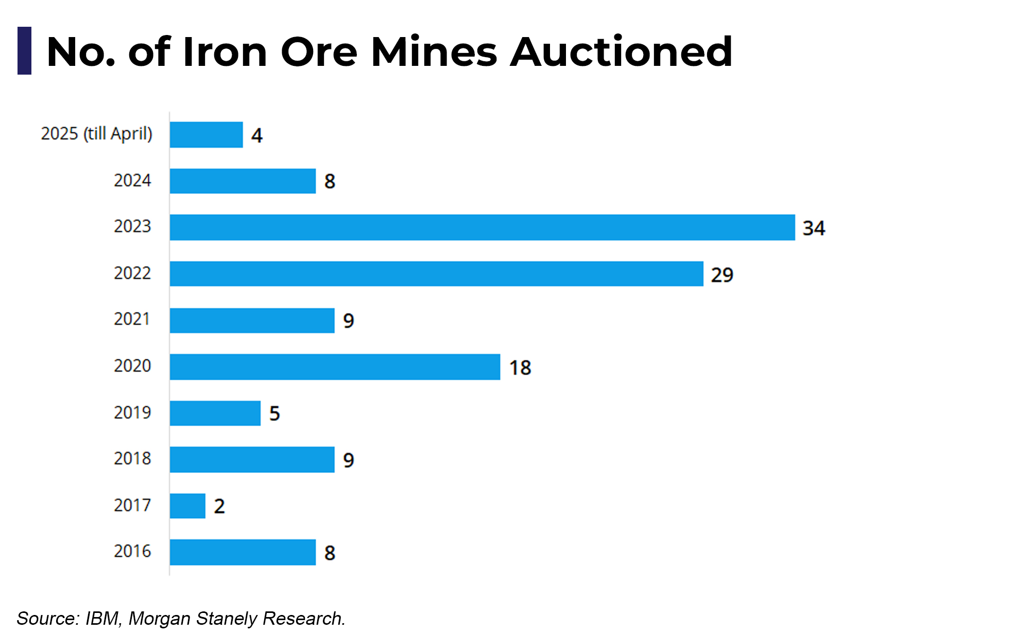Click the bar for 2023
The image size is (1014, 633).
[483, 227]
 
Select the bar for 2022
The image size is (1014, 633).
[437, 274]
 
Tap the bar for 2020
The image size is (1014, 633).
[335, 367]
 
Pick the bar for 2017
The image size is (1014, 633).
[187, 506]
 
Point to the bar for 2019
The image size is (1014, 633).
[215, 413]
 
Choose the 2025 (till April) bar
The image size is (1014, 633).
[206, 135]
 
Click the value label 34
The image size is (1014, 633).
[814, 228]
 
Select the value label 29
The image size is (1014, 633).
[722, 275]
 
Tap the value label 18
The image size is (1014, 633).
[520, 368]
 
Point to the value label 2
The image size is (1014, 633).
[219, 506]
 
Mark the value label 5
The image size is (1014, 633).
[274, 413]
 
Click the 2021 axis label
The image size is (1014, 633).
[132, 319]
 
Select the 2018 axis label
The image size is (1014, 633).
[132, 459]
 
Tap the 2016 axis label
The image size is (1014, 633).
[132, 551]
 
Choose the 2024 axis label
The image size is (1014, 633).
[132, 181]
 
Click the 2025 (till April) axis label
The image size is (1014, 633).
[97, 134]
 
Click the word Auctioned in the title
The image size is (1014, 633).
[621, 52]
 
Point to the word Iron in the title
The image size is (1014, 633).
[225, 52]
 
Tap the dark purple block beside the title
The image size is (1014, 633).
[24, 51]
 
